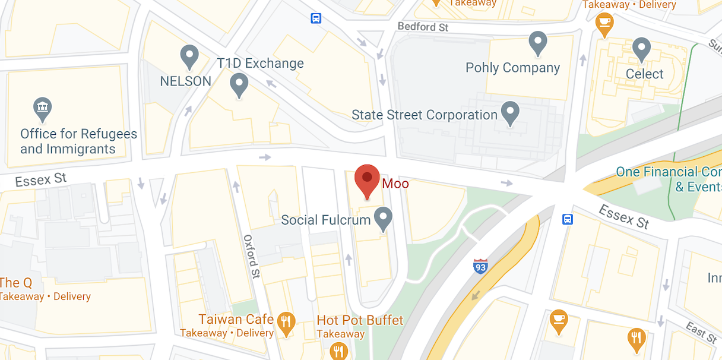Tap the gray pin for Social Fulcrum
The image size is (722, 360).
click(384, 219)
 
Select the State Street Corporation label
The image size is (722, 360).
click(424, 115)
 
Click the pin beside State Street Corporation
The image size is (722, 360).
click(510, 112)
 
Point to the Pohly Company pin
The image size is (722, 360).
click(537, 43)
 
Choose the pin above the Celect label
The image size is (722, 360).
click(641, 49)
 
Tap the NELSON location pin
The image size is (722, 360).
click(189, 57)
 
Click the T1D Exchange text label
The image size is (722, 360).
click(260, 64)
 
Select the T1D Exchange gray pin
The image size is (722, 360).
click(239, 85)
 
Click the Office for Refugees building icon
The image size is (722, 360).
click(42, 109)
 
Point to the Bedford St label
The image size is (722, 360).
click(423, 27)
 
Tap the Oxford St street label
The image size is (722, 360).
click(252, 256)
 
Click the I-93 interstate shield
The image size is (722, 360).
click(480, 266)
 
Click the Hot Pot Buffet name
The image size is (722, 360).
click(360, 320)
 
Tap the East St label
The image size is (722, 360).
click(701, 332)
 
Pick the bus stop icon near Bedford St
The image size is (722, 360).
click(316, 18)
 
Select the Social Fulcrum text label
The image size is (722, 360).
click(325, 220)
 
